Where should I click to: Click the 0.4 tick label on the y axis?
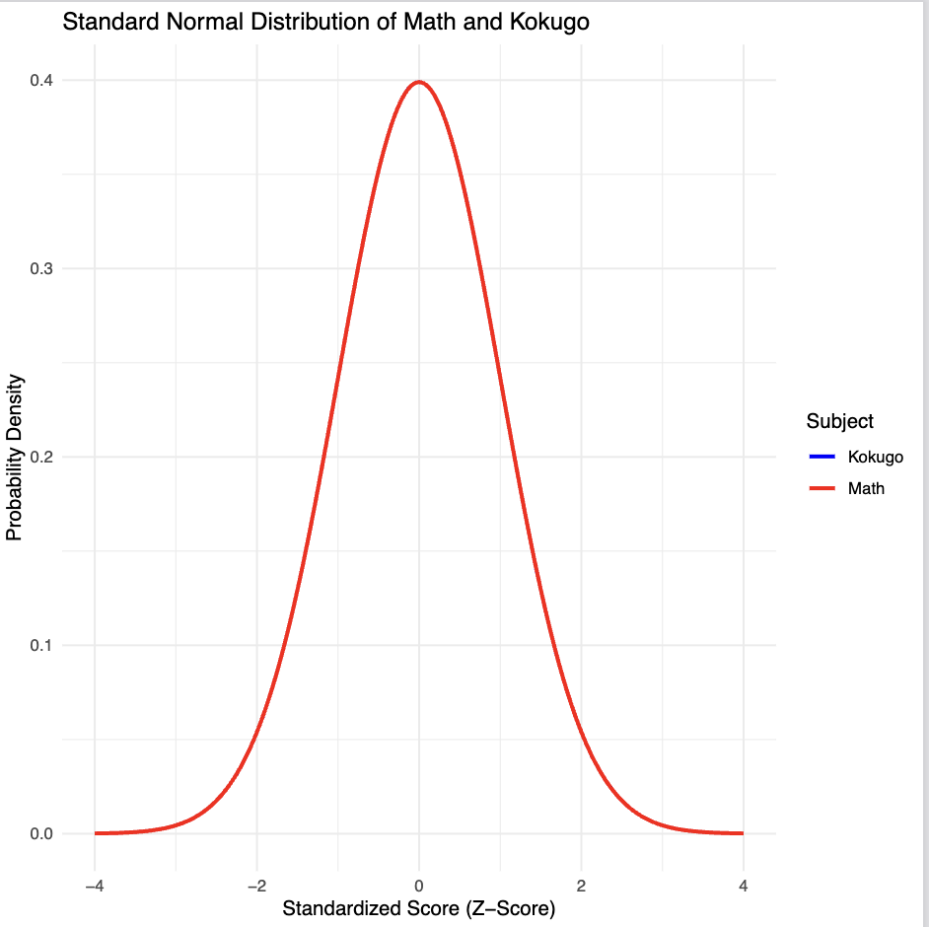[40, 80]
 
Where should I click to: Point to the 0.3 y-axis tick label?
[40, 268]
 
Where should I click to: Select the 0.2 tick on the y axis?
[40, 457]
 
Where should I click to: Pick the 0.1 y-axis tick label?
[40, 645]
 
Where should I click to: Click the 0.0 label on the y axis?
[40, 833]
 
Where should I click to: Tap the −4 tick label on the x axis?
[94, 885]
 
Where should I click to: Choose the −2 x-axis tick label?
[256, 885]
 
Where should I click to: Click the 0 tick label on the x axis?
[419, 885]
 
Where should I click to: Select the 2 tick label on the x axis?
[581, 885]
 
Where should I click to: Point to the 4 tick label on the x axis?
[743, 885]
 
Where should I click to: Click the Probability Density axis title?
[15, 457]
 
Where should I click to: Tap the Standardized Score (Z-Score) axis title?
[418, 908]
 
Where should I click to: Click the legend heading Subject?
[839, 421]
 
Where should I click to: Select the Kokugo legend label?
[875, 457]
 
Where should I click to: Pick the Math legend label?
[866, 488]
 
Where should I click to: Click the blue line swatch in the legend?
[822, 457]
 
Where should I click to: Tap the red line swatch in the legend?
[822, 488]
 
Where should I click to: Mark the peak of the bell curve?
[419, 82]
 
